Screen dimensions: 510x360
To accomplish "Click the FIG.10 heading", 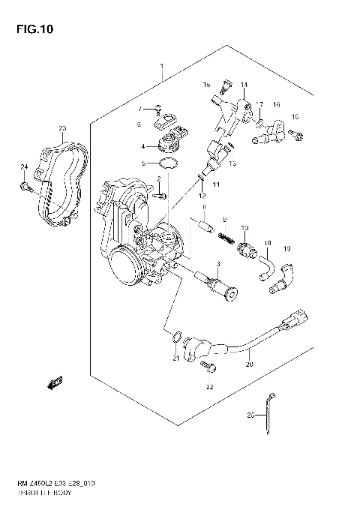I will coord(29,30).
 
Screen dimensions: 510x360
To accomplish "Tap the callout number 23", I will coord(62,129).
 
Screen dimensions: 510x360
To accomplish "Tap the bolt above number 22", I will coord(211,367).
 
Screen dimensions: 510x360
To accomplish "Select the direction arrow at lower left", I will coord(55,384).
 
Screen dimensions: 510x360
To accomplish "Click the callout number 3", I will coord(218,264).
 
